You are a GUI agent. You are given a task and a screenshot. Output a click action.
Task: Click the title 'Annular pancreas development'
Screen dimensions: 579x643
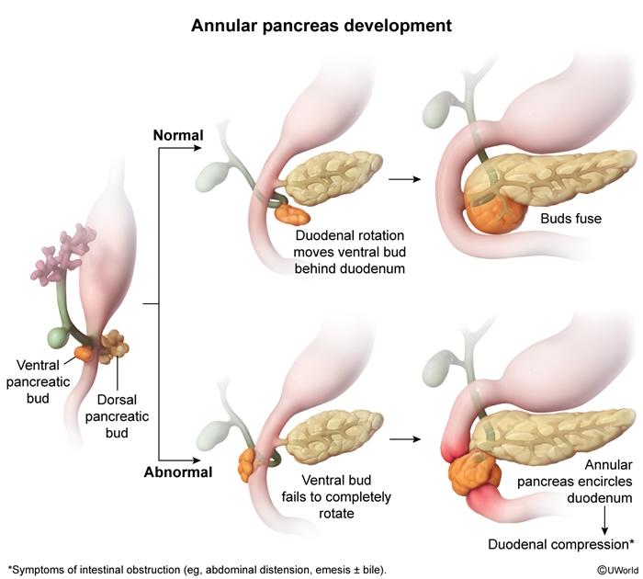point(321,25)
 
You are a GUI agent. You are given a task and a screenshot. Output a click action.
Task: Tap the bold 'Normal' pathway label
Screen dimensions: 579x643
point(178,135)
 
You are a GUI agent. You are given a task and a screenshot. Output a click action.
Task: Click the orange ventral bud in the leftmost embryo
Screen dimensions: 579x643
point(84,351)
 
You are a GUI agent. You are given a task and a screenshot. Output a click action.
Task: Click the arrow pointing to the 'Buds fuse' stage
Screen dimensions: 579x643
point(400,177)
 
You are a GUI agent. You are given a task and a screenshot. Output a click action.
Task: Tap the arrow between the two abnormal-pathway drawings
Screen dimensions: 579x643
point(400,438)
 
